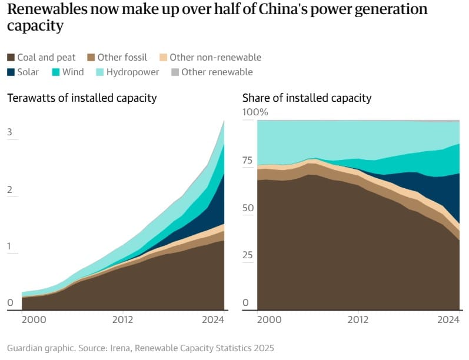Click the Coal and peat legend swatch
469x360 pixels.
pos(11,58)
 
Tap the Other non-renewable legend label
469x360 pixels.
pos(215,58)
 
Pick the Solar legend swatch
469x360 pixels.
pos(11,72)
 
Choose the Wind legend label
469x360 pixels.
pos(73,72)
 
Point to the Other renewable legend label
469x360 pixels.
pos(217,72)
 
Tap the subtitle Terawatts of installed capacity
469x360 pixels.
pos(82,98)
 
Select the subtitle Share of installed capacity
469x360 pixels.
pos(307,98)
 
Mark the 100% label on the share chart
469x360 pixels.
pos(255,112)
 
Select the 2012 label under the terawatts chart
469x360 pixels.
pos(122,320)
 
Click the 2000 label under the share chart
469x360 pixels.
pos(269,320)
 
